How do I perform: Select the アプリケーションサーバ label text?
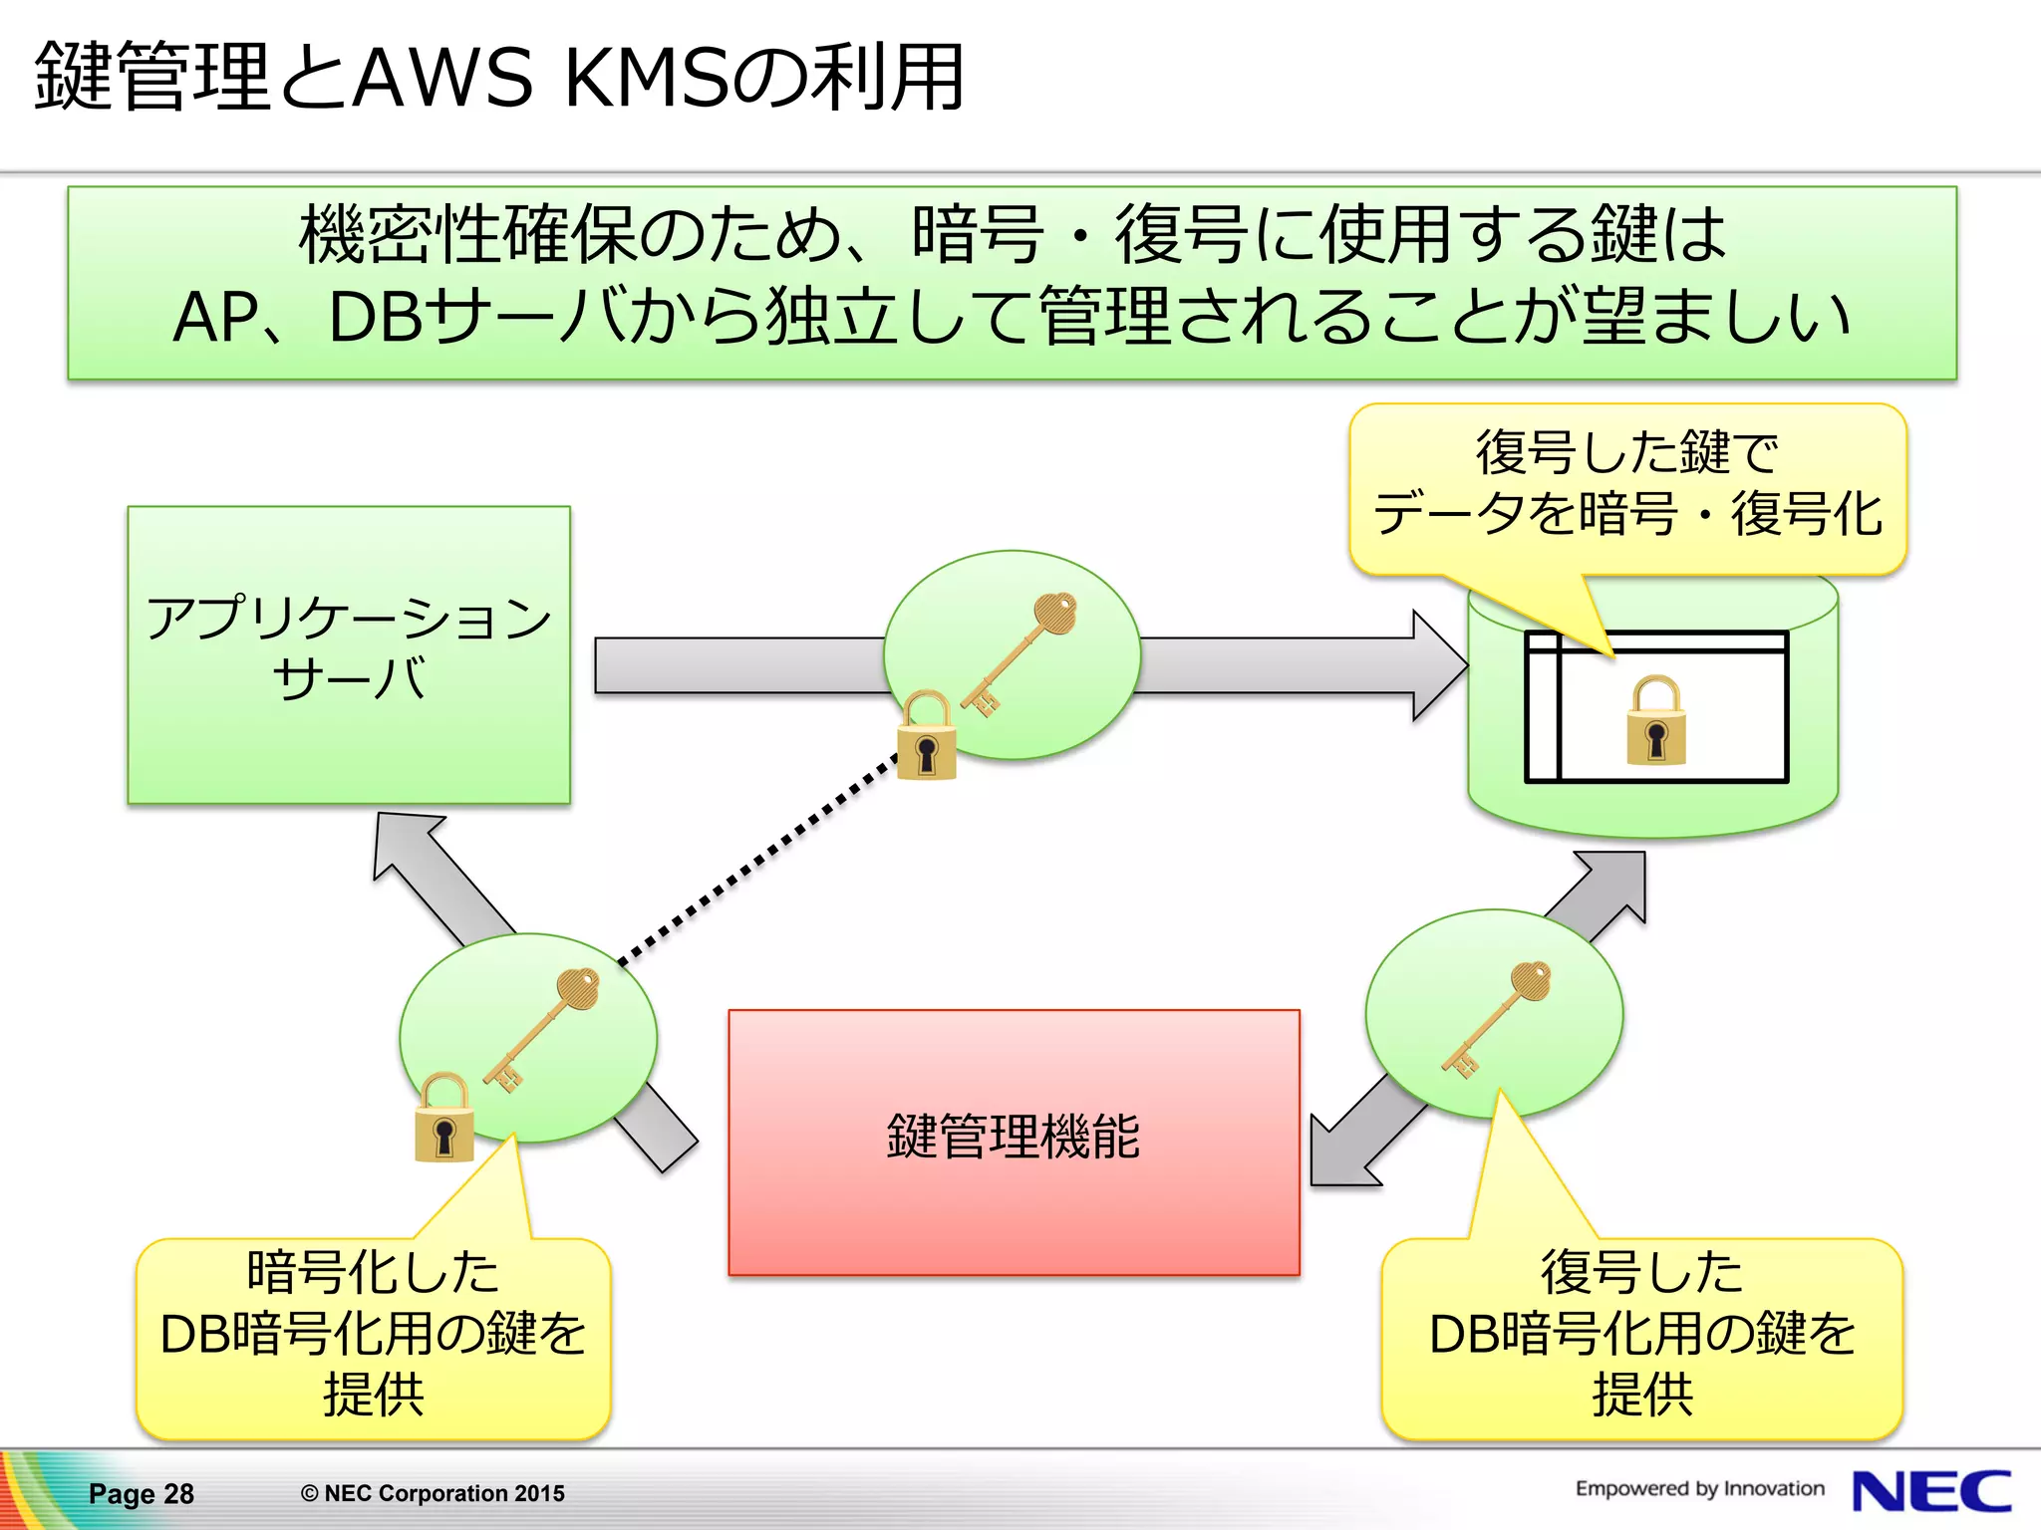pos(349,647)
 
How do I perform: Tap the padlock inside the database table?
pos(1655,721)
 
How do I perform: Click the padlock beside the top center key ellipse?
pos(927,736)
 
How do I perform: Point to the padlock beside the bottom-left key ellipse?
pos(443,1118)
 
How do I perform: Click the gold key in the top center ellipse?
pos(1021,652)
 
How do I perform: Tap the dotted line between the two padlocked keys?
pos(757,861)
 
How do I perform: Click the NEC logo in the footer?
pos(1930,1491)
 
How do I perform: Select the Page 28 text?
pos(141,1493)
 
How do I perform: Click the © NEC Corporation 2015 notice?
pos(433,1493)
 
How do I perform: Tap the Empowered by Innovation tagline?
pos(1699,1488)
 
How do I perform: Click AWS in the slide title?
pos(442,78)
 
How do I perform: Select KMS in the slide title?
pos(649,78)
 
